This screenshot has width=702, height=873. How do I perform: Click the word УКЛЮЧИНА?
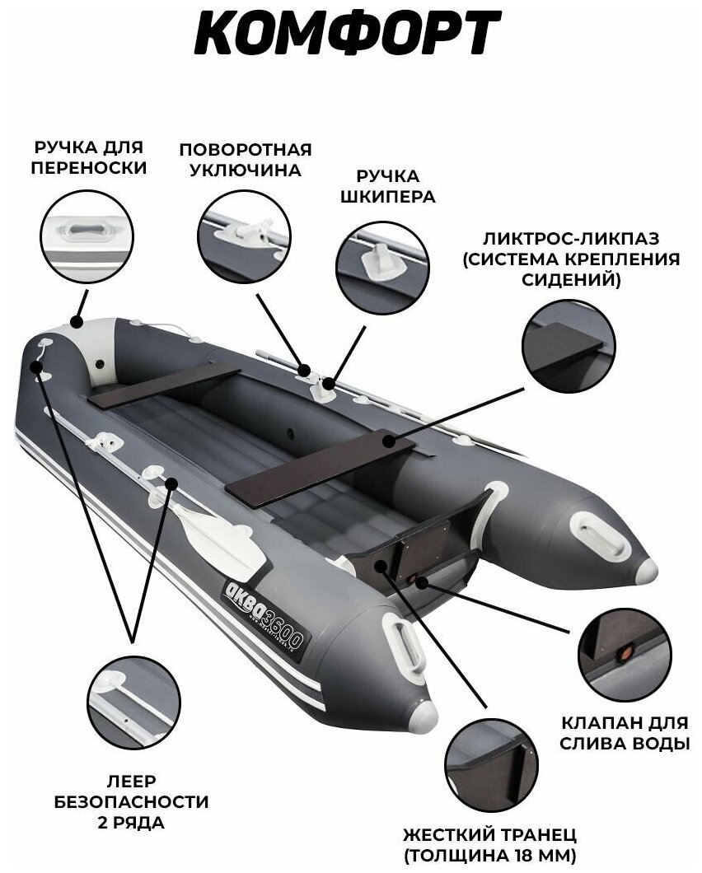(x=245, y=171)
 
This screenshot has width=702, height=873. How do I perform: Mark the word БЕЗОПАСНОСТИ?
(x=132, y=801)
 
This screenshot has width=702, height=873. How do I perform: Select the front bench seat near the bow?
(x=165, y=386)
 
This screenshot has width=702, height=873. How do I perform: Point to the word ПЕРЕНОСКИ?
(x=87, y=168)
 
